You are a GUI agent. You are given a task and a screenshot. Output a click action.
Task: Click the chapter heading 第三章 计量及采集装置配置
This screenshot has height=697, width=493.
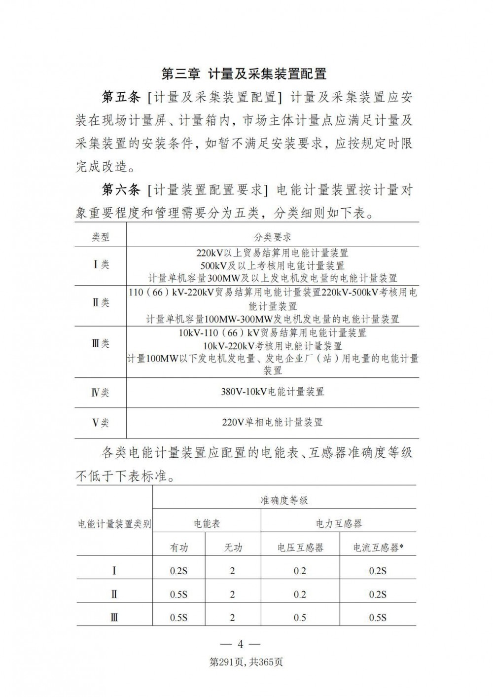[245, 74]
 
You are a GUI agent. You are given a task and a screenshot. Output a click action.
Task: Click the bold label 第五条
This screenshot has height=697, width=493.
[121, 98]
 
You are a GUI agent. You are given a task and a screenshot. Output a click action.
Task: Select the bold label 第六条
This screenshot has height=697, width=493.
[121, 190]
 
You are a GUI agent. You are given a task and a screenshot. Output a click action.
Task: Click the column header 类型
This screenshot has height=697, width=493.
[101, 237]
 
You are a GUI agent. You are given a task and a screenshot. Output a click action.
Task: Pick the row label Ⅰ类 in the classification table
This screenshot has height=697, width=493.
[101, 265]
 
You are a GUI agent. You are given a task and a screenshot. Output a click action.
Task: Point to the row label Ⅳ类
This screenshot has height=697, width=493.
[101, 393]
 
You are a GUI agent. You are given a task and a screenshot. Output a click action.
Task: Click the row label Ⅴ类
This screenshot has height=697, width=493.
[101, 423]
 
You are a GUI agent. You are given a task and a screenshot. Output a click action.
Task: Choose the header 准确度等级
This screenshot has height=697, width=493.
[284, 500]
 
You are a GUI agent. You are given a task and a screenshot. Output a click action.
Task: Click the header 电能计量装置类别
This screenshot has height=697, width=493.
[115, 524]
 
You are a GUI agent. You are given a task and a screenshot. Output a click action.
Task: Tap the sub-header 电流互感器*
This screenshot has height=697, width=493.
[378, 548]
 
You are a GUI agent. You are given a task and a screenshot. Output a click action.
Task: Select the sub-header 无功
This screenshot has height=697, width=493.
[233, 548]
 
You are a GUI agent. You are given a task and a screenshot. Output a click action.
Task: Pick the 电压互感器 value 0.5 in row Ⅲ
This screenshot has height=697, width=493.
[300, 618]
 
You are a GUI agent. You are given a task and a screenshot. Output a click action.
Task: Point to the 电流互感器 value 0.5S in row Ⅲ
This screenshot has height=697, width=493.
[378, 618]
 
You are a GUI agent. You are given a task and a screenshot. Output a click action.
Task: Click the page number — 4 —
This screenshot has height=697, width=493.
[241, 644]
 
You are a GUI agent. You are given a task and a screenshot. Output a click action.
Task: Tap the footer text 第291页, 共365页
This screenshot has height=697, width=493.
[246, 662]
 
